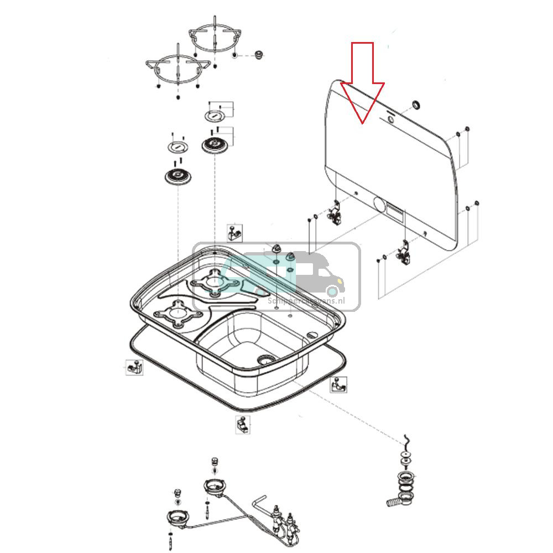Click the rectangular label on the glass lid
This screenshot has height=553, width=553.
click(395, 211)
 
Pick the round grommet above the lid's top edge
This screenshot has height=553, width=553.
click(415, 106)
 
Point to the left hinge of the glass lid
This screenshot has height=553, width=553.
click(335, 213)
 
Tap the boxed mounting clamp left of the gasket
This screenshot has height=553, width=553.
click(133, 367)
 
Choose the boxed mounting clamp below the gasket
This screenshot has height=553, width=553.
click(241, 425)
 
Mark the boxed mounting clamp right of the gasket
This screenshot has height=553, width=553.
click(339, 384)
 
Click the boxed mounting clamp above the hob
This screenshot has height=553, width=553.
click(235, 232)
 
